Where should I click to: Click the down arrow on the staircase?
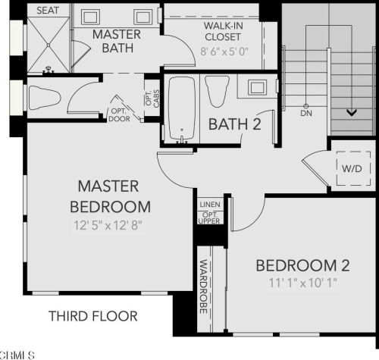(x=351, y=112)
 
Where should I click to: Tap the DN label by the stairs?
(x=305, y=113)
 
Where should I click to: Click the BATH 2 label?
(x=235, y=124)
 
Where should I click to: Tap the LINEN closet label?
(x=209, y=205)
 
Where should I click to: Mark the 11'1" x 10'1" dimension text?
(x=302, y=283)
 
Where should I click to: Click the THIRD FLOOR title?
(x=92, y=315)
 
